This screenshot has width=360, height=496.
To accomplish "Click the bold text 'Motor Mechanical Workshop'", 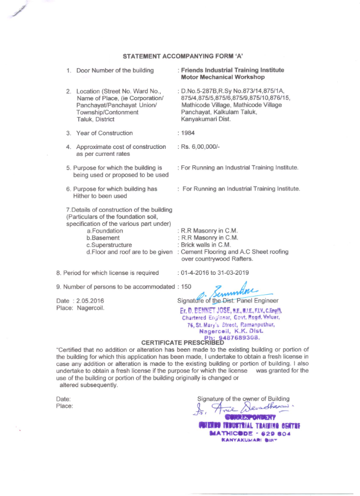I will click(223, 77).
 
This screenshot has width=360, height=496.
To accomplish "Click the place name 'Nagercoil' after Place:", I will click(88, 308).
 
